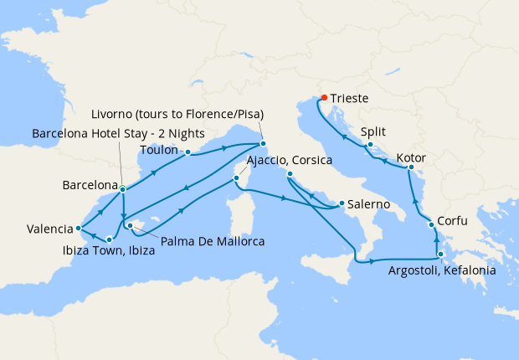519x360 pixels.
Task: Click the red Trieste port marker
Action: pyautogui.click(x=324, y=96)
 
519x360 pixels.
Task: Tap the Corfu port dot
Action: pyautogui.click(x=431, y=224)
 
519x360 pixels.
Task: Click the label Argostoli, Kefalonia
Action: pyautogui.click(x=442, y=270)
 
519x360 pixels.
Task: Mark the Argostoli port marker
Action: pyautogui.click(x=440, y=253)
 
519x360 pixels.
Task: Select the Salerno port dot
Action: pyautogui.click(x=342, y=203)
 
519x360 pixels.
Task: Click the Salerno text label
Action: pyautogui.click(x=369, y=204)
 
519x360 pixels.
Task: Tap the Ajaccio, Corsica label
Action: pyautogui.click(x=290, y=160)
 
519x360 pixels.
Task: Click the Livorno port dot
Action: pyautogui.click(x=263, y=142)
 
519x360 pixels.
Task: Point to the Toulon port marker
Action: pyautogui.click(x=188, y=152)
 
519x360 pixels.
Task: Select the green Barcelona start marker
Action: pyautogui.click(x=123, y=188)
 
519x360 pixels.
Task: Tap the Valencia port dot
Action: pyautogui.click(x=78, y=227)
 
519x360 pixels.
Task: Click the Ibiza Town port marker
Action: pyautogui.click(x=110, y=240)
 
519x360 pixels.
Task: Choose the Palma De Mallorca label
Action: pyautogui.click(x=201, y=242)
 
